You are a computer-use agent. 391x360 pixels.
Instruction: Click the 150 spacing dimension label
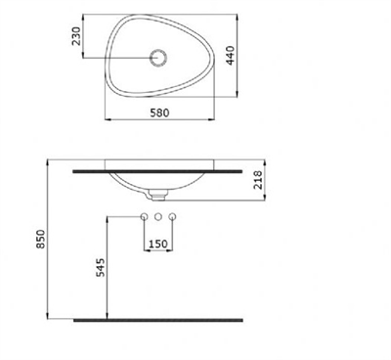(157, 244)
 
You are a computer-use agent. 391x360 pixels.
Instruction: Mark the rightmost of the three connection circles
(172, 216)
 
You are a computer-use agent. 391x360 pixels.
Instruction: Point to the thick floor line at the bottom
(158, 318)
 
